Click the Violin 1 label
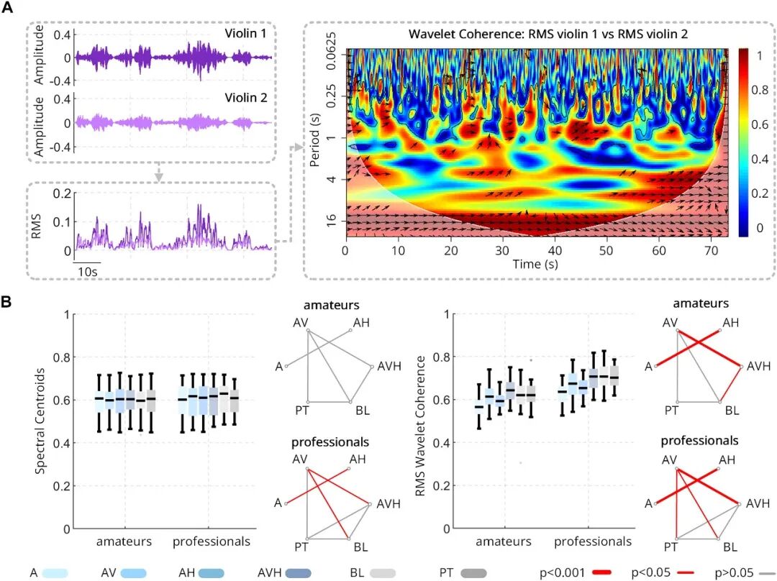click(246, 34)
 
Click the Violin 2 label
click(246, 98)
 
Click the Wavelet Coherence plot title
click(548, 35)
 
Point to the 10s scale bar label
click(88, 271)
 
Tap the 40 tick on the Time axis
click(555, 251)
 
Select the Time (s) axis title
click(535, 264)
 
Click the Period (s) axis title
click(314, 140)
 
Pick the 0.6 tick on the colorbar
click(760, 125)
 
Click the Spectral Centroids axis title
click(40, 421)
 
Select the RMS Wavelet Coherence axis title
click(420, 426)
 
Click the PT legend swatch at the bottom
click(473, 573)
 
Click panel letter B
click(6, 301)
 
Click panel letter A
click(7, 9)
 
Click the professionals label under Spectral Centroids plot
click(211, 542)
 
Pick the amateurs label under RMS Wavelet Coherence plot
click(504, 542)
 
